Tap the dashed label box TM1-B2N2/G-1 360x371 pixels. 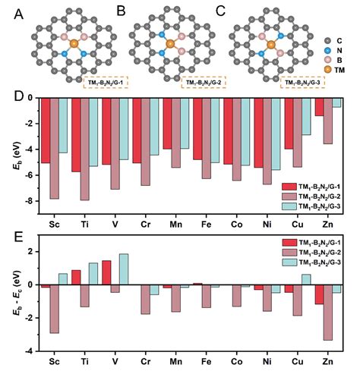pyautogui.click(x=106, y=80)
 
